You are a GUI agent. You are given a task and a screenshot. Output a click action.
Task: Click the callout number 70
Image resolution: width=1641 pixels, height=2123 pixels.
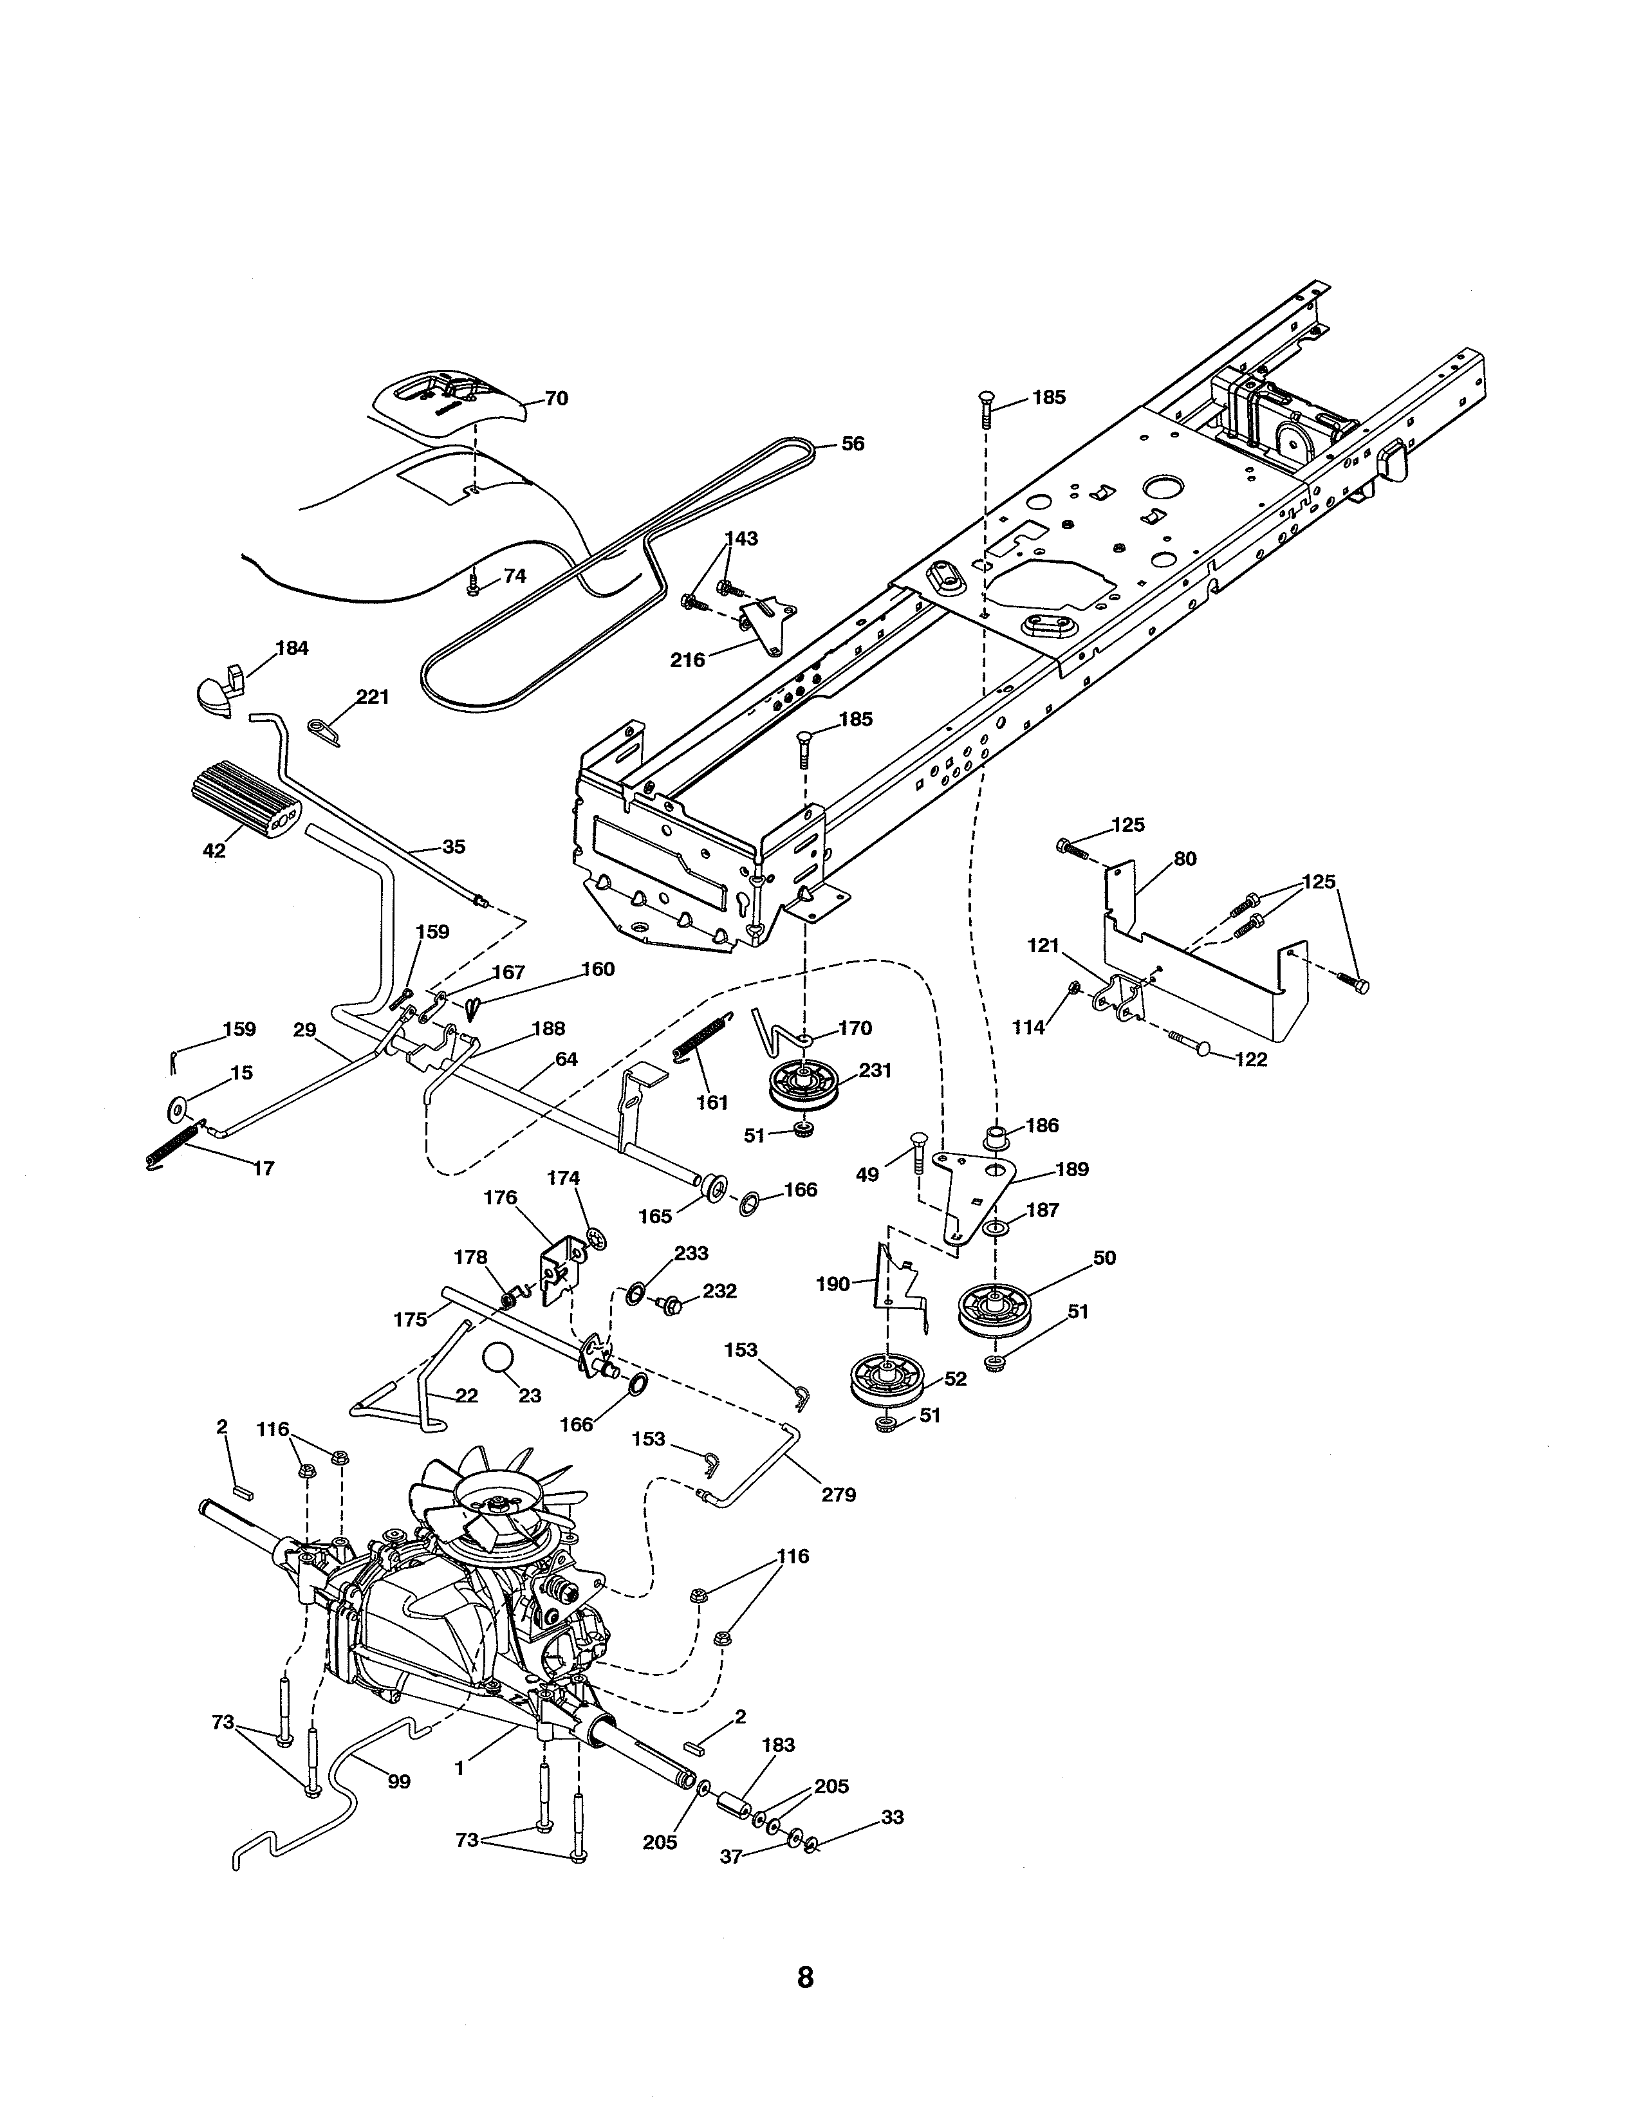556,399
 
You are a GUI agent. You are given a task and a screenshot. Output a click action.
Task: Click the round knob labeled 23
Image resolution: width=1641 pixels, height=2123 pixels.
499,1358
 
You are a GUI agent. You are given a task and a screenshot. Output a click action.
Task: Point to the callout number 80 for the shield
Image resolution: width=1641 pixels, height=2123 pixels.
1185,859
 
